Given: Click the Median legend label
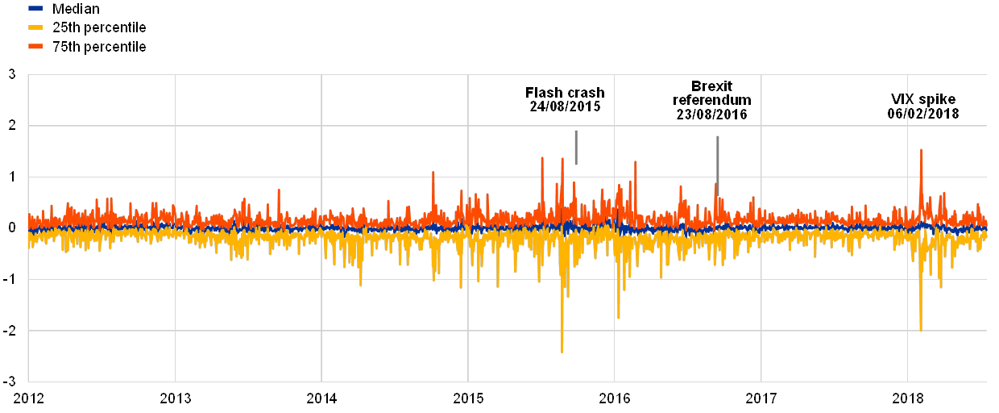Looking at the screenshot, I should [x=76, y=9].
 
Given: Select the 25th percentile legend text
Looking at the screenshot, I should [x=99, y=28].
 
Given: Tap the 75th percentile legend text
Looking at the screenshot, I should [x=99, y=47].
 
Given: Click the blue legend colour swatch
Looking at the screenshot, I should [x=35, y=9].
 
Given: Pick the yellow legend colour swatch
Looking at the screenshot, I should [x=35, y=28].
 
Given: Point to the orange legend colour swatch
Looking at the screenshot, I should [x=35, y=47].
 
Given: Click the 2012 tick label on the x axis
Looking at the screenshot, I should [x=28, y=398].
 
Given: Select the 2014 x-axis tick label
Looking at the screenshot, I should [x=321, y=398].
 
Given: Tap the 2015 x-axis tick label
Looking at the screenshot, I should [x=468, y=398].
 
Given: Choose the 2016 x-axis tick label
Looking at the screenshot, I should [x=615, y=398].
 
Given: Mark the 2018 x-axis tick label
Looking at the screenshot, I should [x=908, y=398].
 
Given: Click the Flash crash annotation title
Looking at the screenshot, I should [x=569, y=91].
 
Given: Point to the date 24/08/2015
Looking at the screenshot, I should [x=565, y=106].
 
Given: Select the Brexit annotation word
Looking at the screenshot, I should [x=715, y=85].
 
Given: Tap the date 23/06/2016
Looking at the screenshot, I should [x=712, y=115].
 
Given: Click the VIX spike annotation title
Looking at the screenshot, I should [x=923, y=99].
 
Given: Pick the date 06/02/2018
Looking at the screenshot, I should [x=923, y=114].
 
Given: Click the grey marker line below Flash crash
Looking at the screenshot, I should [x=575, y=148].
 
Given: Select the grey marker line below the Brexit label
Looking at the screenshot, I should [x=718, y=165].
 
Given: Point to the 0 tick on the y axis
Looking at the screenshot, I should [x=12, y=228].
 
